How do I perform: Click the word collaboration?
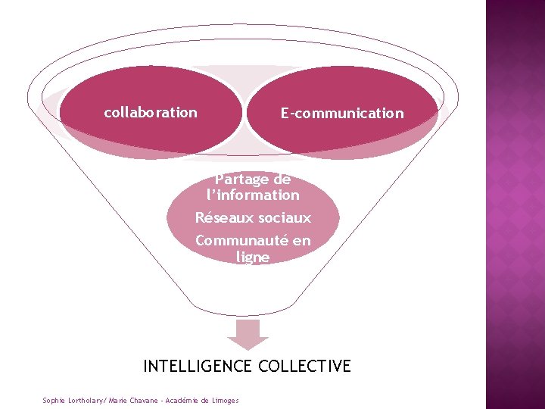pos(151,113)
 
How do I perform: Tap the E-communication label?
pos(342,114)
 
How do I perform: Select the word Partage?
pos(241,180)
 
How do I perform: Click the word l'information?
pos(253,195)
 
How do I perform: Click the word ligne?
pos(252,258)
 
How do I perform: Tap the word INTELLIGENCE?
pos(198,367)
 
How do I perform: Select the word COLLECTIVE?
pos(304,367)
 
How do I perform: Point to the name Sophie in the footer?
pos(54,400)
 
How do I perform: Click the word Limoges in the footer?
pos(225,400)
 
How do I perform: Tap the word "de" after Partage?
pos(282,180)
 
